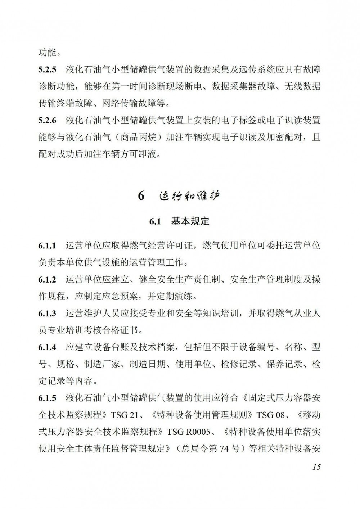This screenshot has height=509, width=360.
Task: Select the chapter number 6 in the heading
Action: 141,196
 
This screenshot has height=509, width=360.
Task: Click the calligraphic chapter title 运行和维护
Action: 189,196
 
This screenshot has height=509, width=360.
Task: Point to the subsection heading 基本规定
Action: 190,221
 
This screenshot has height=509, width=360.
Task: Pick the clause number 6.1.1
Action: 47,246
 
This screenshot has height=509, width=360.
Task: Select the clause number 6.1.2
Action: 47,280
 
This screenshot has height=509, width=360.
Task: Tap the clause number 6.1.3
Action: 47,314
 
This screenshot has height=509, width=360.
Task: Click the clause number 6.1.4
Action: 47,347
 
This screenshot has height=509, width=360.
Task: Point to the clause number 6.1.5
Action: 47,398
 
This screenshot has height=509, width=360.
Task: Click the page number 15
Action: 316,467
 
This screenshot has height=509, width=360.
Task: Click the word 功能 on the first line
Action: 47,53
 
